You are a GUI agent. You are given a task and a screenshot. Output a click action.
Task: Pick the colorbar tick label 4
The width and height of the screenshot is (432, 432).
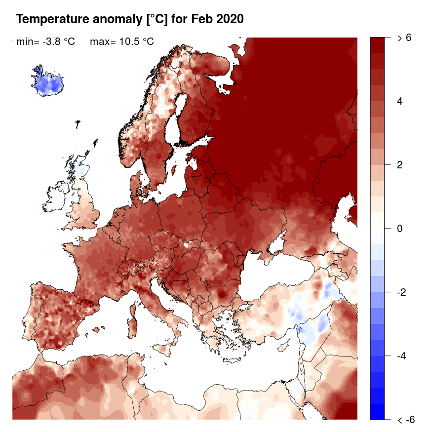[400, 101]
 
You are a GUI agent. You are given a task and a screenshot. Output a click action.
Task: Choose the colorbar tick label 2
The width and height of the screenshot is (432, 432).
[400, 165]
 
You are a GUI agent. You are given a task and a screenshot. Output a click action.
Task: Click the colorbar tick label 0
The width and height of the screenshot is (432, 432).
[400, 229]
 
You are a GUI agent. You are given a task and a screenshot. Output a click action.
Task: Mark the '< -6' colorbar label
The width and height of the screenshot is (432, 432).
[406, 420]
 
